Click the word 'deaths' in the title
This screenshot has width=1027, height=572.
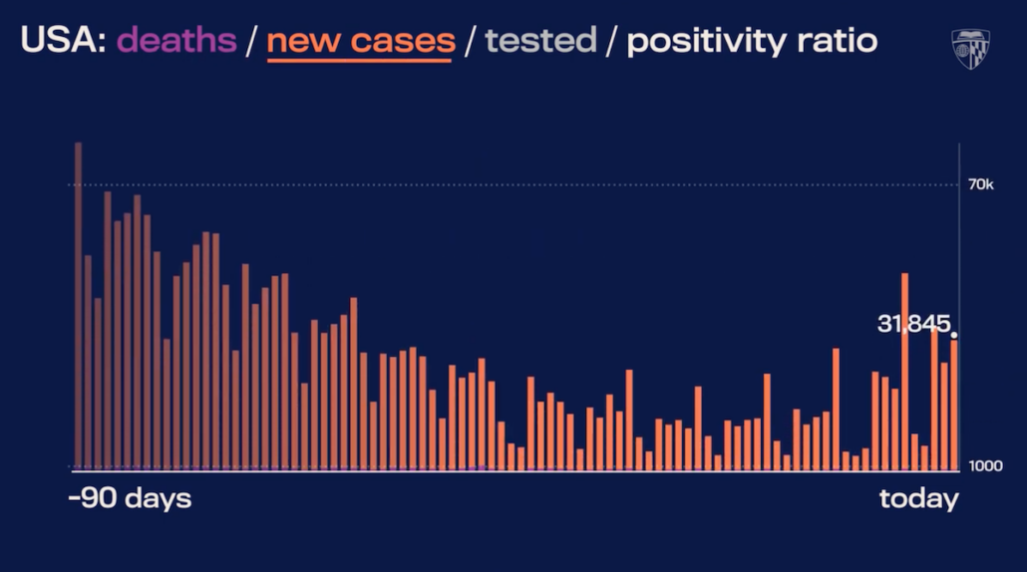[x=176, y=41]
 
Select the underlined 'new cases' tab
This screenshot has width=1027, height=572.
[x=361, y=41]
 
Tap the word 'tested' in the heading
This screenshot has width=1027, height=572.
[x=540, y=41]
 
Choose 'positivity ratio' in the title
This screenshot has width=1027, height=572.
[x=752, y=42]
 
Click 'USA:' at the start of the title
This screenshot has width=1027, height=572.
[x=64, y=41]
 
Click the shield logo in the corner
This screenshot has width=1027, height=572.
[x=971, y=49]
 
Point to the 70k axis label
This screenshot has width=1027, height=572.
[x=980, y=184]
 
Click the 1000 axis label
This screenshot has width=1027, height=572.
[x=986, y=466]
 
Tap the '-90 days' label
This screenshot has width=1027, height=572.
[x=130, y=498]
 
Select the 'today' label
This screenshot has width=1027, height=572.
[x=919, y=499]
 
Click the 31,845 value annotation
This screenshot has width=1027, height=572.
[x=913, y=323]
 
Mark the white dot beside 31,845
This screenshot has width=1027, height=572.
[x=954, y=335]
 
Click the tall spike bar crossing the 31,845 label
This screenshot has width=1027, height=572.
[x=905, y=371]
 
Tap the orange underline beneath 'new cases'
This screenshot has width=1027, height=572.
[x=359, y=61]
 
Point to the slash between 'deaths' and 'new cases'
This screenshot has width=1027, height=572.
[x=251, y=41]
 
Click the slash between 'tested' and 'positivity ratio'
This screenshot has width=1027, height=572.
[x=612, y=41]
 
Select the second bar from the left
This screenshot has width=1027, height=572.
[x=88, y=363]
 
